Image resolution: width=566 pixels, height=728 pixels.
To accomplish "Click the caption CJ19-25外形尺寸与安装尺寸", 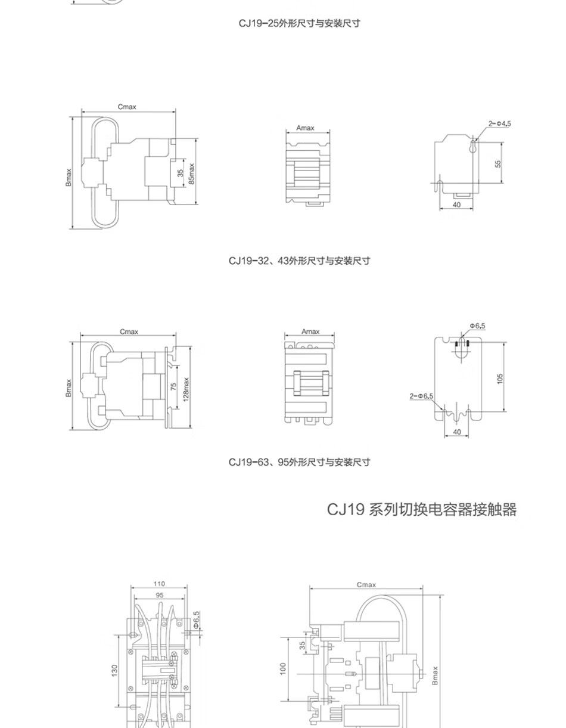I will tap(300, 24).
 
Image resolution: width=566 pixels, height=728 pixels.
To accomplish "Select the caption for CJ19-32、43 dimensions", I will tap(300, 261).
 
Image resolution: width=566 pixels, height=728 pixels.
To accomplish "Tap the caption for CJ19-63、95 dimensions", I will tap(300, 462).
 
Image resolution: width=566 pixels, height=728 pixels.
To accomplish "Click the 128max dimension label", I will tap(186, 389).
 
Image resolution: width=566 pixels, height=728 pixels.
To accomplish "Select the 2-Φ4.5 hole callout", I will tap(500, 123).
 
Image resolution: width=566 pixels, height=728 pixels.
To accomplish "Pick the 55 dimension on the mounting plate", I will tap(498, 163).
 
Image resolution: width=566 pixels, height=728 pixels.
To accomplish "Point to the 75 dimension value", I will tap(173, 386).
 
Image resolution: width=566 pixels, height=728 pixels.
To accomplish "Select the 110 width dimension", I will tap(159, 584).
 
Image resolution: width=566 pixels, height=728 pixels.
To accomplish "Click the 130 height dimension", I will tap(114, 670).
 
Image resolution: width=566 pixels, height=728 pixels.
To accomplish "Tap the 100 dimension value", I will tap(283, 669).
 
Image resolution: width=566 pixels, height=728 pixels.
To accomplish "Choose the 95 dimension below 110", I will tap(159, 595).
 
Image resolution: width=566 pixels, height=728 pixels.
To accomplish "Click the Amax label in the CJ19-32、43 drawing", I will tap(305, 128).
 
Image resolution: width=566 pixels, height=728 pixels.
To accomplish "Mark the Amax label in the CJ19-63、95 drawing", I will tap(310, 332).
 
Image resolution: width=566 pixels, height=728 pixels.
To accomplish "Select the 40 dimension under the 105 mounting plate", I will tap(457, 431).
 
